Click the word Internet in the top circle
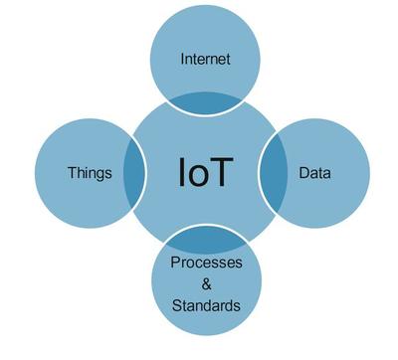205,59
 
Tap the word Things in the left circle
90,172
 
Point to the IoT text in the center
205,171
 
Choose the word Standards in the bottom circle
205,304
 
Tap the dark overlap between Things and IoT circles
132,171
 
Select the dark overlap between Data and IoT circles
272,171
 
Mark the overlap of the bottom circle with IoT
205,240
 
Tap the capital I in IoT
183,171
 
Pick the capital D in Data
303,172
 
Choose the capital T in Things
72,172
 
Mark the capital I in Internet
182,59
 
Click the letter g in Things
100,174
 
